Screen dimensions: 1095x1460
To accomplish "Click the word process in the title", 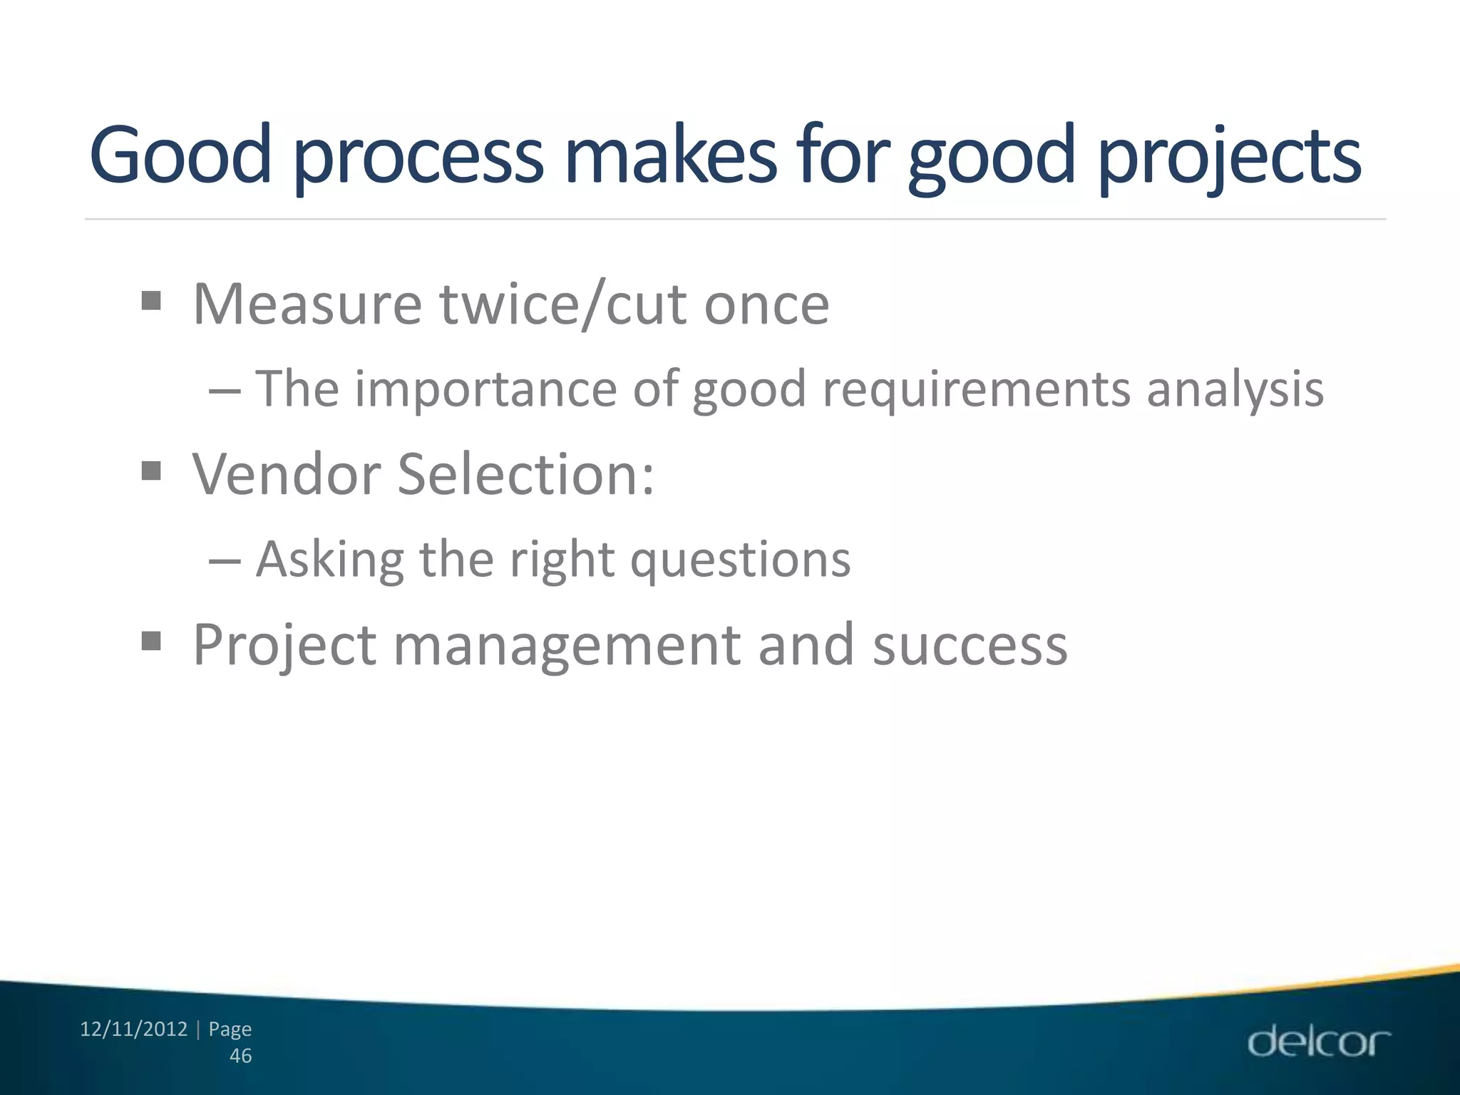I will tap(418, 157).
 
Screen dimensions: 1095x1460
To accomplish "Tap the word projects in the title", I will tap(1230, 157).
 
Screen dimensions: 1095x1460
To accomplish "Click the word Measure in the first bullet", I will tap(308, 305).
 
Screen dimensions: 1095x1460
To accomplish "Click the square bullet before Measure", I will tap(151, 300).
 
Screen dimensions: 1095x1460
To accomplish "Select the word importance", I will tap(485, 390).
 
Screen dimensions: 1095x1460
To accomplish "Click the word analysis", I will tap(1235, 391).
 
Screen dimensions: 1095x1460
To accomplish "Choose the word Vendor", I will tap(287, 475).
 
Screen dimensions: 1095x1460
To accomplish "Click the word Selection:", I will tap(525, 475).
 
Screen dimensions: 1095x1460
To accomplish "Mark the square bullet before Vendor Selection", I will tap(151, 471).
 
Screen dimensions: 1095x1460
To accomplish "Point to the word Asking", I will tap(329, 560).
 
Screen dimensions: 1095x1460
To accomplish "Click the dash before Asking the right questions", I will tap(225, 561).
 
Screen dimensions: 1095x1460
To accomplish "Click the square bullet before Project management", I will tap(151, 641).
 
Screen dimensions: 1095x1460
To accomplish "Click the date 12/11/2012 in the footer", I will tap(133, 1029).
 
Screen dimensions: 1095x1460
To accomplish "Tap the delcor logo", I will tap(1318, 1042).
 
